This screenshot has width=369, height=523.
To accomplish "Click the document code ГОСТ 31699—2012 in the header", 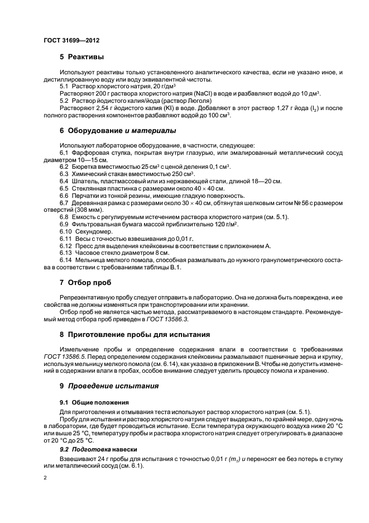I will (x=71, y=41).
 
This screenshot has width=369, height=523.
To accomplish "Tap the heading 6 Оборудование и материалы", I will (x=118, y=131).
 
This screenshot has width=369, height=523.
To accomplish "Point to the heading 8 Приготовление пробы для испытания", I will (x=135, y=335).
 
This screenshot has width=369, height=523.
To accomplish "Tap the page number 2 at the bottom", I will (x=45, y=478).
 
